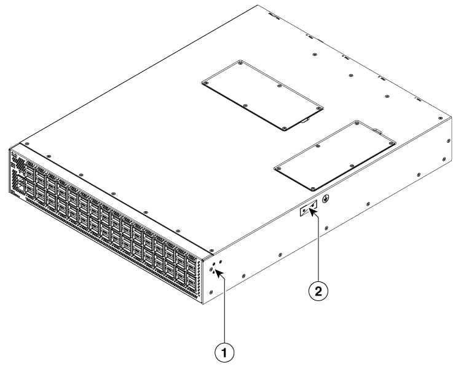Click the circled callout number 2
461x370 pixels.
318,291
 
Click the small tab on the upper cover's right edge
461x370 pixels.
305,121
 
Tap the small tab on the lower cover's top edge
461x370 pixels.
376,129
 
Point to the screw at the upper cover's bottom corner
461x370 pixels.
284,128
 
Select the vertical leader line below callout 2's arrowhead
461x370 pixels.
318,246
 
